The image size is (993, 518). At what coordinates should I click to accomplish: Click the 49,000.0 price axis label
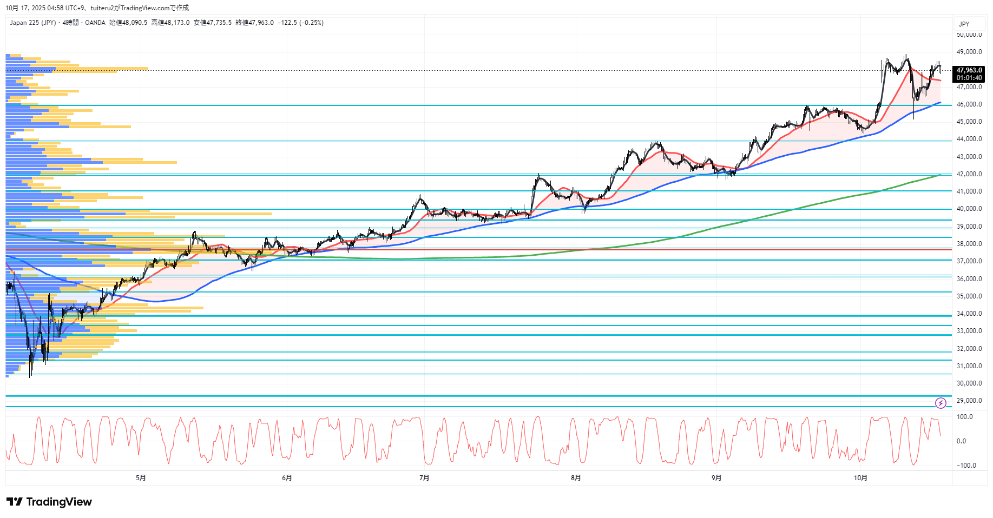969,52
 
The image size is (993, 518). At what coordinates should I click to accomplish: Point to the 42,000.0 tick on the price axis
969,174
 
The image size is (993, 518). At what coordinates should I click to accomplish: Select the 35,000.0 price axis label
969,296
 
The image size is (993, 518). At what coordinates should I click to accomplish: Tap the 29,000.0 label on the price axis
969,401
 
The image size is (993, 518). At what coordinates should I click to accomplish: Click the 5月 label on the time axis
141,477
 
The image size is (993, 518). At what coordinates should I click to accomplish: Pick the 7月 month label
424,477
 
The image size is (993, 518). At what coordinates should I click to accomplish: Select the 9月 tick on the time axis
716,477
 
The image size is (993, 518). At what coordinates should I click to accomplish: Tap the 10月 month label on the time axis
860,477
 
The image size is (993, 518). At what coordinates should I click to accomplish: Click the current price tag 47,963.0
969,70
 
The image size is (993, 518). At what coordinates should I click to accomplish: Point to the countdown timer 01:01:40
969,78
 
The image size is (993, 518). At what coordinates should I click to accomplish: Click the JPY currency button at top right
964,24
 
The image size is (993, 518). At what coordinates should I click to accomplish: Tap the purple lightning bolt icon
941,403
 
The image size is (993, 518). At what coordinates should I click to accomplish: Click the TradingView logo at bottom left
49,502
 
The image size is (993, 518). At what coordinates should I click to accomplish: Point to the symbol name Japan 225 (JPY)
32,23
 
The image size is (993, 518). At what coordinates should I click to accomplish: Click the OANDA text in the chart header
95,23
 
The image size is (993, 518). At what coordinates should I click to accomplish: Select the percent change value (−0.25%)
312,23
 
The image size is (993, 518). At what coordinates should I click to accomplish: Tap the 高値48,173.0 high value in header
170,23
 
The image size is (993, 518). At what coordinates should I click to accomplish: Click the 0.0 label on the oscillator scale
961,441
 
